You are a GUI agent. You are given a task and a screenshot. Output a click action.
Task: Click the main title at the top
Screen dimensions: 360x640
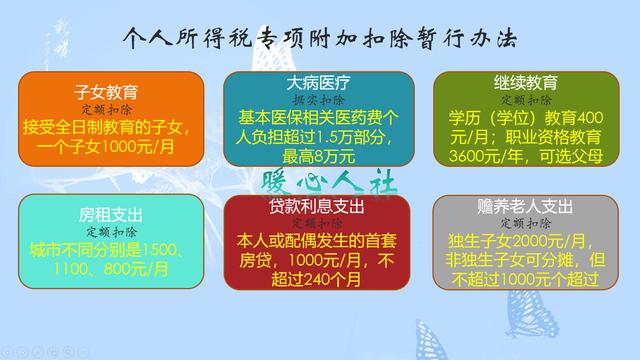320,38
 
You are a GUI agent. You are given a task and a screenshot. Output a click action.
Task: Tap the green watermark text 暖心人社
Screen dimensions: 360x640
328,182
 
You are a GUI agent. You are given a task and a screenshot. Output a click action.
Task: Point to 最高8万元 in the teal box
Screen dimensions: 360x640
318,155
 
